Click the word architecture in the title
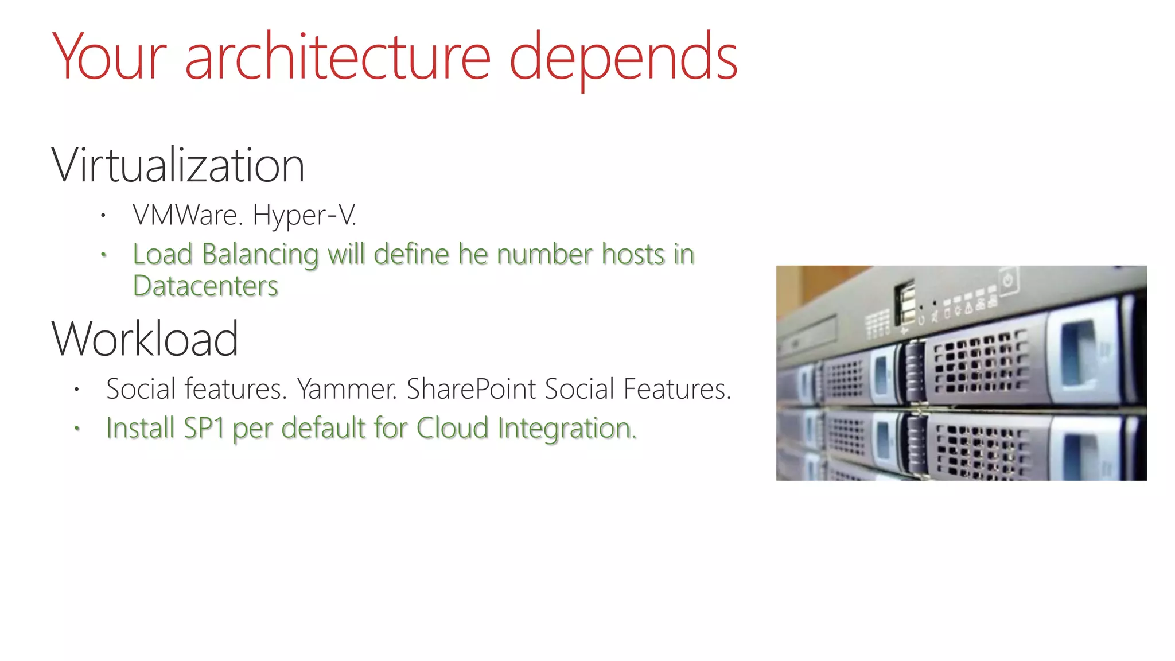coord(337,57)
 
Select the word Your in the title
coord(110,57)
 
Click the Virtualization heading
coord(178,166)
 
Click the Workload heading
coord(145,339)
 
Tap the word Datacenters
coord(205,286)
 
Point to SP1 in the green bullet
coord(204,429)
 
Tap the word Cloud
coord(453,429)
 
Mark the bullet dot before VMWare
coord(103,216)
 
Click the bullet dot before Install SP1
coord(77,428)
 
